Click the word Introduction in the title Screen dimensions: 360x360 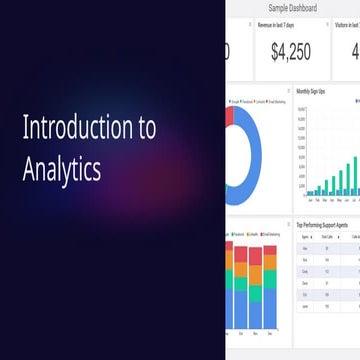pos(69,128)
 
